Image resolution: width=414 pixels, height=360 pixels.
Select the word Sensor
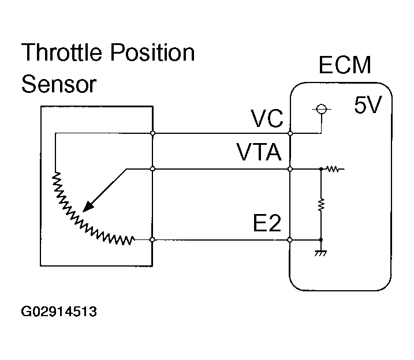tap(58, 85)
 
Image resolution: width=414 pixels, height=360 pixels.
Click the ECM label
tap(345, 66)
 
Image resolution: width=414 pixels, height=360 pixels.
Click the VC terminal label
tap(267, 120)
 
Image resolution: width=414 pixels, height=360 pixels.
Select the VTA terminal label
tap(259, 153)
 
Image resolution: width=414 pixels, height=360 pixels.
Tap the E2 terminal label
tap(267, 223)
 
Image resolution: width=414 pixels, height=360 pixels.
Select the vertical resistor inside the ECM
tap(321, 204)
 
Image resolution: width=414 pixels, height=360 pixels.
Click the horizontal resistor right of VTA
tap(334, 170)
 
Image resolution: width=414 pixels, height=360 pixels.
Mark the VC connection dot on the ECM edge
tap(290, 133)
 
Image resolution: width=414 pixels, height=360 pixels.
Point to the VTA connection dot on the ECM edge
tap(290, 170)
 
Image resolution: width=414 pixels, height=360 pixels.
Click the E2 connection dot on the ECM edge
tap(290, 239)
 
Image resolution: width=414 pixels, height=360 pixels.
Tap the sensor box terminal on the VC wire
tap(152, 133)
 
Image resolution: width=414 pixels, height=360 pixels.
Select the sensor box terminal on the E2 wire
tap(152, 239)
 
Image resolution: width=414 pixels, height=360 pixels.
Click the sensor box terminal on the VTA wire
tap(152, 170)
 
